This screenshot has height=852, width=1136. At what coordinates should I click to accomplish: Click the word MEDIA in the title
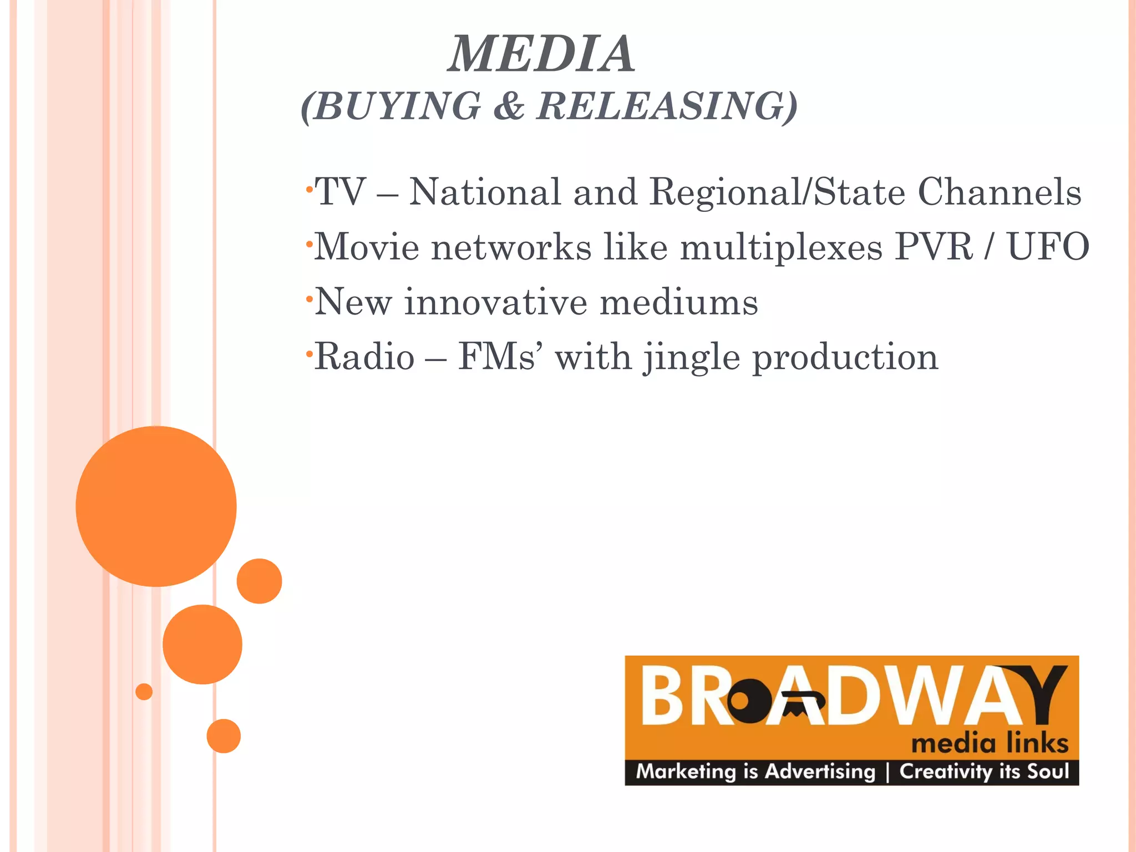(x=541, y=54)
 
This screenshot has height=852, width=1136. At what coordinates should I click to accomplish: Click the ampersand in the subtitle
(x=509, y=105)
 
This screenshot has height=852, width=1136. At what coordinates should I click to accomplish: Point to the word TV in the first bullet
(x=340, y=192)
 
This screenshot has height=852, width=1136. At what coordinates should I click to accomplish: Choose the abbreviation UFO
(x=1048, y=246)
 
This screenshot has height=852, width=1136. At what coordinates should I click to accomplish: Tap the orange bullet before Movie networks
(x=309, y=244)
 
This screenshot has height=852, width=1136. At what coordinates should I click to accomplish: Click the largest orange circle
(x=156, y=506)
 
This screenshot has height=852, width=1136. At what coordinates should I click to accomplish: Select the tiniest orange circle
(x=144, y=692)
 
